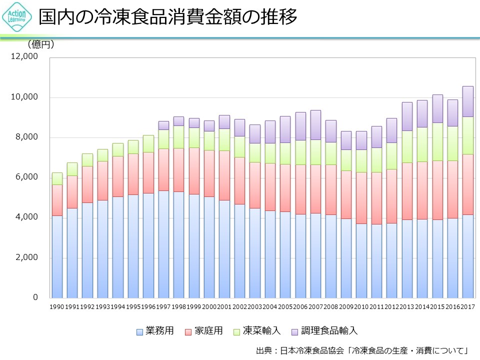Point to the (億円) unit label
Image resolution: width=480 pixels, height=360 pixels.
point(41,44)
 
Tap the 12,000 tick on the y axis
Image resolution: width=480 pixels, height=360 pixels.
point(25,57)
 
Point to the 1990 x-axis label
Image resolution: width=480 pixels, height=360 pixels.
point(57,306)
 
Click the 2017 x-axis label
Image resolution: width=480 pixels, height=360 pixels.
point(467,306)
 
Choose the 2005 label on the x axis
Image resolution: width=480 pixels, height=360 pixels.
point(285,306)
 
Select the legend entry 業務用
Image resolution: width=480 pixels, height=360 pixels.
point(155,331)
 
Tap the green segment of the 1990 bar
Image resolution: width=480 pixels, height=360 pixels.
point(57,178)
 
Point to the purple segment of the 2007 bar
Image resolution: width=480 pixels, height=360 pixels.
point(315,125)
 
